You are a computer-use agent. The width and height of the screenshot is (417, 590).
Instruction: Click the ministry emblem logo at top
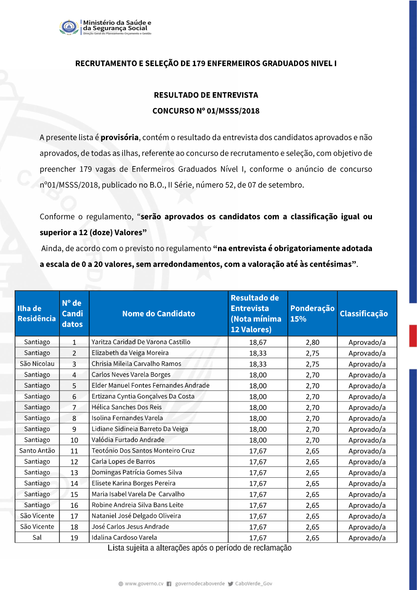click(69, 27)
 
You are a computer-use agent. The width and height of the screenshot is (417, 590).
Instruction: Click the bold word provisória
click(119, 137)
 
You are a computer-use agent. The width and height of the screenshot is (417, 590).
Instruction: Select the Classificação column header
click(364, 313)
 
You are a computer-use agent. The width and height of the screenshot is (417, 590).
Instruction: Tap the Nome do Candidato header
click(158, 313)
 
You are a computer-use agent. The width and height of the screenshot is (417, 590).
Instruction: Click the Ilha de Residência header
click(36, 313)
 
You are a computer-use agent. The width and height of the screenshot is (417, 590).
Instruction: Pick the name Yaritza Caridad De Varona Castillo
click(141, 342)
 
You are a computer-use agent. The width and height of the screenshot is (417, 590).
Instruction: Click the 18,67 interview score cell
click(258, 342)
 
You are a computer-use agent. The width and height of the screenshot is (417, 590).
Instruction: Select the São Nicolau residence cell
click(37, 363)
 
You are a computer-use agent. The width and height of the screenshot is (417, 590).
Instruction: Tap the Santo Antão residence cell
click(37, 450)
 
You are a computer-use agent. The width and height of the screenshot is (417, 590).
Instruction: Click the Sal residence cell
click(37, 537)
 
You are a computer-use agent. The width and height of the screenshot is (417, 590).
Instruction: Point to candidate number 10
click(74, 440)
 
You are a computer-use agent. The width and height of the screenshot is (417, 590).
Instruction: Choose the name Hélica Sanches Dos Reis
click(127, 407)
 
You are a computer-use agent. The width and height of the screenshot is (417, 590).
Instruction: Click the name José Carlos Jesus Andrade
click(131, 527)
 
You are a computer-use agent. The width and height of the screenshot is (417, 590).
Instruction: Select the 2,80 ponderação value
click(312, 342)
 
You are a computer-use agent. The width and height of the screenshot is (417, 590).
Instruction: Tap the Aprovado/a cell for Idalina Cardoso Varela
click(367, 538)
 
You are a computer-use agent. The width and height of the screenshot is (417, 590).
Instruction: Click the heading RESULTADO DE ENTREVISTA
click(206, 95)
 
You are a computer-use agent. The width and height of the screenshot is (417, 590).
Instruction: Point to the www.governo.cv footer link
click(144, 584)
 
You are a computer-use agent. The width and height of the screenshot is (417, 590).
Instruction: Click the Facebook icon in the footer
click(169, 584)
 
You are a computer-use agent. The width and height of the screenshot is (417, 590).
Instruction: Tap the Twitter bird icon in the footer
click(231, 584)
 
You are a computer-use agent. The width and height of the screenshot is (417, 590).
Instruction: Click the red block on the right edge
click(413, 335)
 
